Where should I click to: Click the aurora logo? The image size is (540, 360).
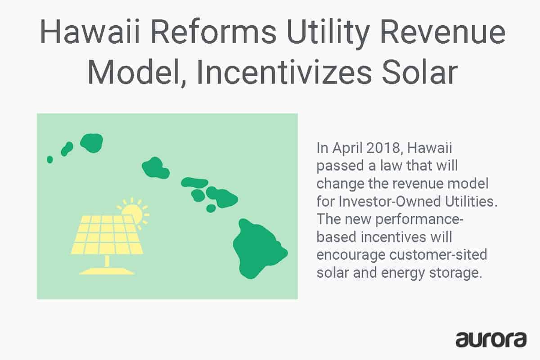[x=491, y=339]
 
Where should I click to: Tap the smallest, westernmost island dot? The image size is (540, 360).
[x=49, y=159]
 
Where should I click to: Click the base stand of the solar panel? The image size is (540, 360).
[x=107, y=270]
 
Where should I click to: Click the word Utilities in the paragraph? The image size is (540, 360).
[x=472, y=202]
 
